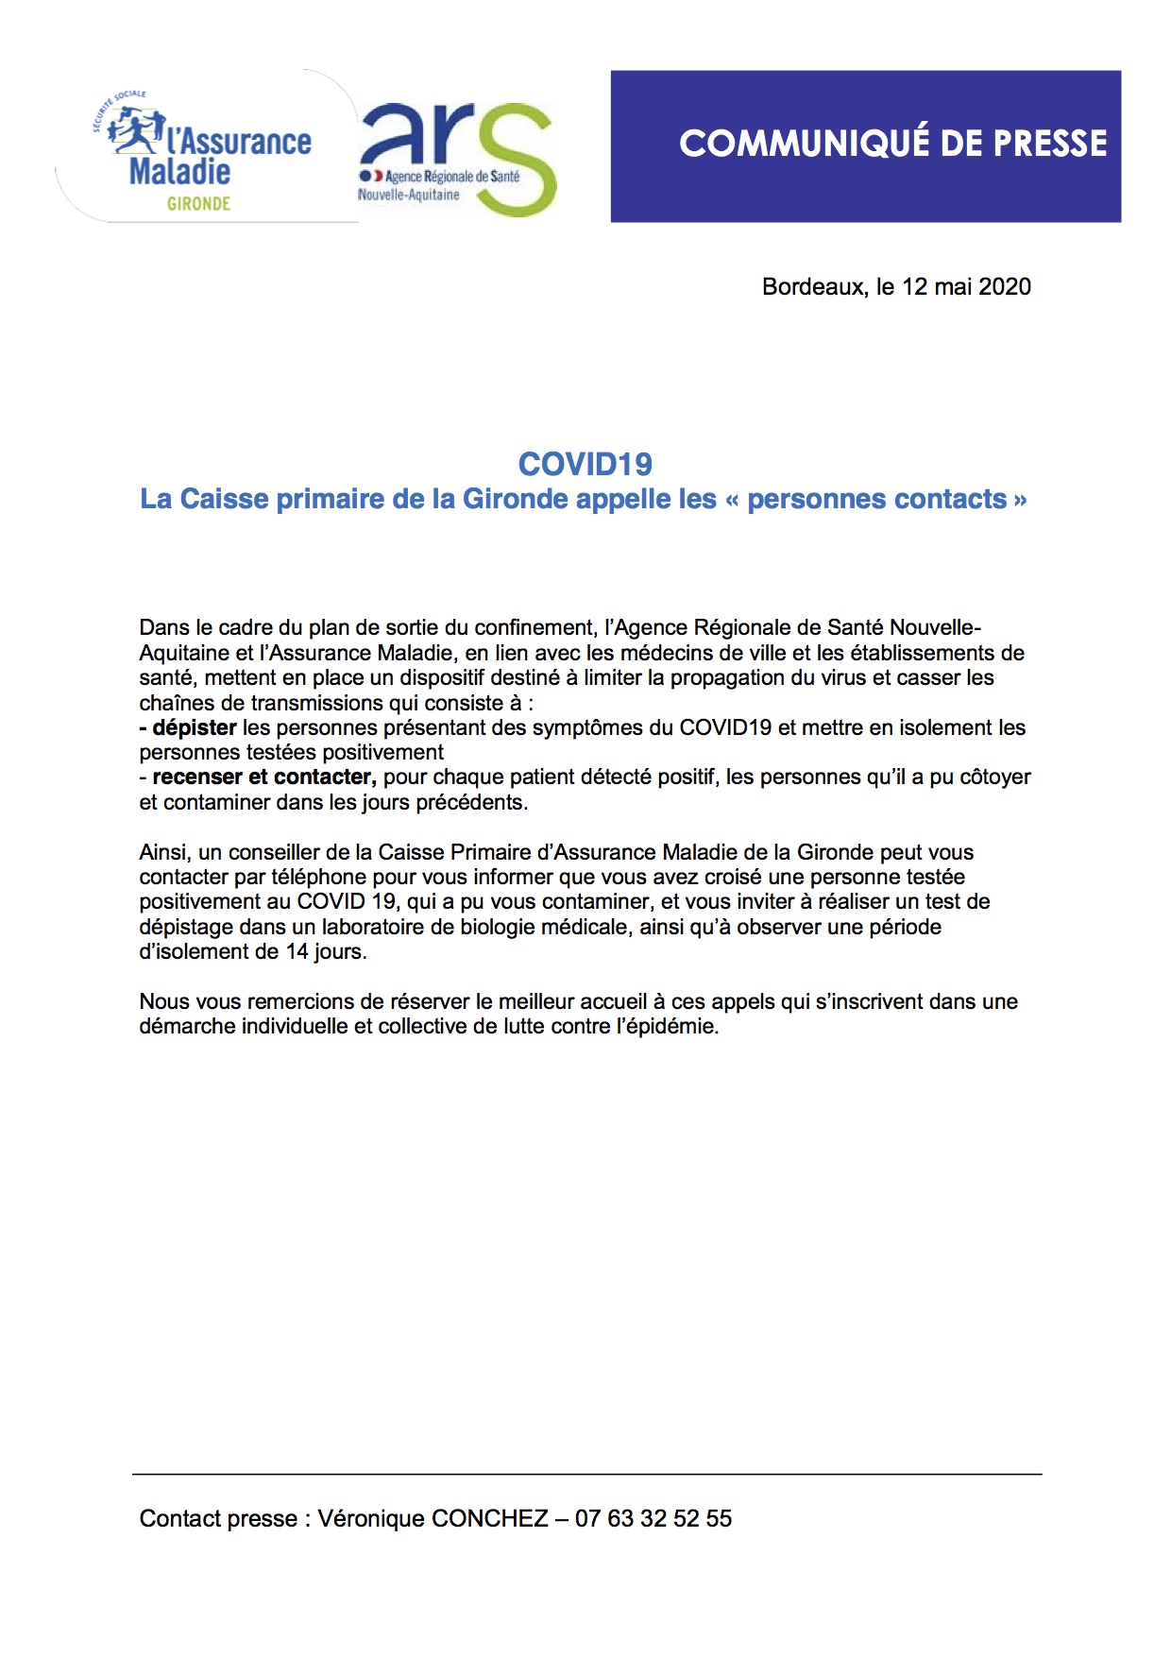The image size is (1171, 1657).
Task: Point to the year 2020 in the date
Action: click(1004, 287)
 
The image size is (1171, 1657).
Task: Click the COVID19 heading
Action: click(585, 464)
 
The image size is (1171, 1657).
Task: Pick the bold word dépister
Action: click(194, 727)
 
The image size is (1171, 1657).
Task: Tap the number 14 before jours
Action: click(297, 951)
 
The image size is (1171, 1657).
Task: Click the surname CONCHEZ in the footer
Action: click(489, 1518)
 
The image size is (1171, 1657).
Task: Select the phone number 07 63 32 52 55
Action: click(653, 1518)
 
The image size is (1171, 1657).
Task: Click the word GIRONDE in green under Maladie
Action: click(198, 203)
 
